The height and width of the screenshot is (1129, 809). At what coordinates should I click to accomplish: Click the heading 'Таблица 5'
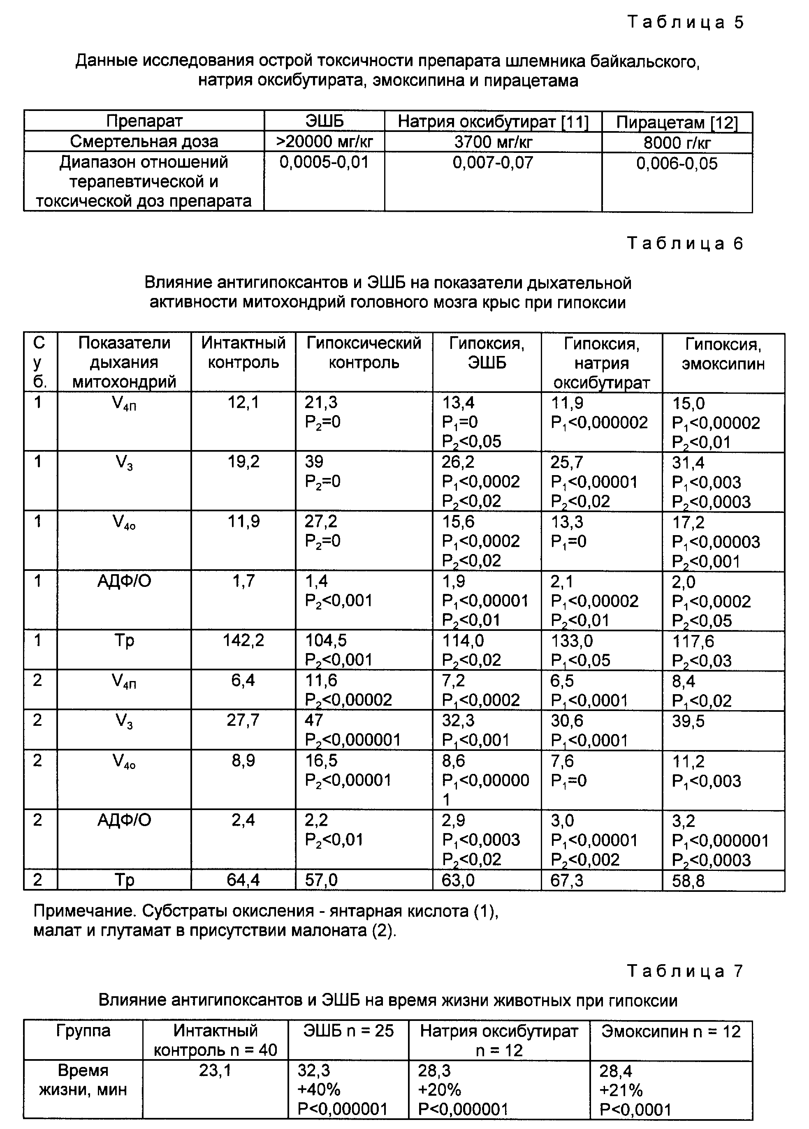coord(685,23)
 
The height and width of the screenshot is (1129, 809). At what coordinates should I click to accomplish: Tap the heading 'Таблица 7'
coord(685,971)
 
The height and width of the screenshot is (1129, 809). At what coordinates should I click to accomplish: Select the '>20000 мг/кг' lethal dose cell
coord(324,142)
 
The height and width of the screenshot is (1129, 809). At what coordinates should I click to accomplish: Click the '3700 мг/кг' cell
coord(493,142)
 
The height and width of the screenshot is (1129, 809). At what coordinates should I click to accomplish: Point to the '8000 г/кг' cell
coord(677,143)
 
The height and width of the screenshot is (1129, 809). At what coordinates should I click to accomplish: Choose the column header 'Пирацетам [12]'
coord(677,122)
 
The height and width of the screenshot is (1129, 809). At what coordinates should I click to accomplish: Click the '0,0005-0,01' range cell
coord(324,162)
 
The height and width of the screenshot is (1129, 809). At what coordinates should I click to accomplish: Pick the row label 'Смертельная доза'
coord(144,142)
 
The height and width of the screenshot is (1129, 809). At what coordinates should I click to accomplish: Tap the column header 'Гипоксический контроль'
coord(364,353)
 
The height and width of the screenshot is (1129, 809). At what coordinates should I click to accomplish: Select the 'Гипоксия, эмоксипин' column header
coord(723,354)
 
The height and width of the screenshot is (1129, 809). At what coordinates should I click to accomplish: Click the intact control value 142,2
coord(243,641)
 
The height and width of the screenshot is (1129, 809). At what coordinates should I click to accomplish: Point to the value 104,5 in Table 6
coord(326,641)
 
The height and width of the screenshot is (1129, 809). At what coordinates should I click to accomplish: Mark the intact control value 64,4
coord(243,880)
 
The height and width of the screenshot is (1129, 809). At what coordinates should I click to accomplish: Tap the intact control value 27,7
coord(243,720)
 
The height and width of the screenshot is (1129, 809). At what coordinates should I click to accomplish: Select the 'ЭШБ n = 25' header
coord(348,1031)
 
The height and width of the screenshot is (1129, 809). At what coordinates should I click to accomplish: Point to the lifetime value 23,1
coord(215,1071)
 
